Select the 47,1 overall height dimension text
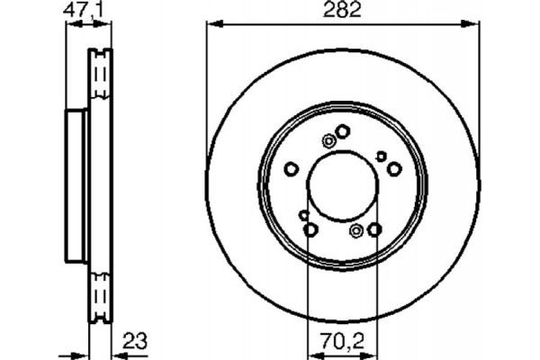[x=85, y=11]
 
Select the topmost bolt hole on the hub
[x=343, y=132]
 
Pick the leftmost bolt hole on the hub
[x=291, y=168]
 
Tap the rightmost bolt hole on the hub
[x=394, y=168]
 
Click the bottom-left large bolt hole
[x=310, y=230]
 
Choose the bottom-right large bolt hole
[x=374, y=230]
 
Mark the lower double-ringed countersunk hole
[x=356, y=233]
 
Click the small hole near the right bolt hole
[x=381, y=157]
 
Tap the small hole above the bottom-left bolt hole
[x=304, y=215]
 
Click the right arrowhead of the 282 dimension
[x=473, y=24]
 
